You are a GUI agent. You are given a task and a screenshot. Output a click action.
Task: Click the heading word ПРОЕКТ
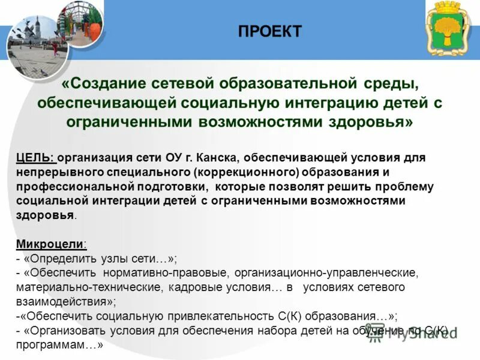pyautogui.click(x=269, y=31)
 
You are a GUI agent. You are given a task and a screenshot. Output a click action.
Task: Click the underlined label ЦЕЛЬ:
pyautogui.click(x=36, y=158)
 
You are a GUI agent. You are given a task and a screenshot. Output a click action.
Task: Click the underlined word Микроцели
pyautogui.click(x=50, y=244)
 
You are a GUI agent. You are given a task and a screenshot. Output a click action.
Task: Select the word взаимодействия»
pyautogui.click(x=66, y=302)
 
